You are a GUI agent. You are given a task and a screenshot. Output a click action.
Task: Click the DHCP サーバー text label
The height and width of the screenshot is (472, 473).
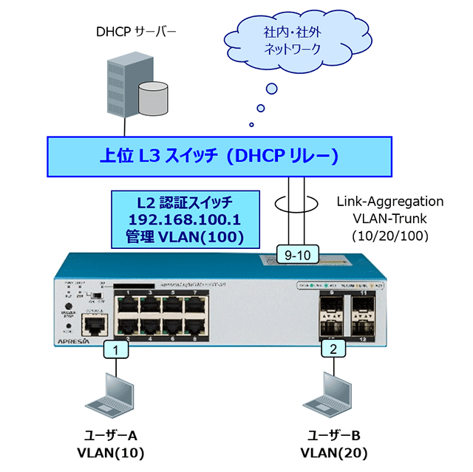[x=136, y=32]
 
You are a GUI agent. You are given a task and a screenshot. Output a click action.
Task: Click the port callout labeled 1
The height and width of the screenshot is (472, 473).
[x=116, y=349]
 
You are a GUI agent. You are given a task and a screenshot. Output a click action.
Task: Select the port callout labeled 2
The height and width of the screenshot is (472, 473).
[x=333, y=349]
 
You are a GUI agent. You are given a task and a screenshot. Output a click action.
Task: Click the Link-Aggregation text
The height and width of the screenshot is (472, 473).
[x=389, y=201]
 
